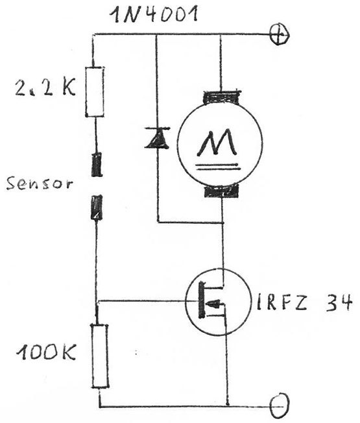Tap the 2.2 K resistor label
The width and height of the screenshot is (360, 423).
pyautogui.click(x=45, y=87)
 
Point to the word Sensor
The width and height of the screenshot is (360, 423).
pyautogui.click(x=40, y=184)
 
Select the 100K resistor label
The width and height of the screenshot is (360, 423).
pyautogui.click(x=46, y=352)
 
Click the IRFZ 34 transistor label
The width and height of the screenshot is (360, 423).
pyautogui.click(x=304, y=302)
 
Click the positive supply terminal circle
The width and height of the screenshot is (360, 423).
pyautogui.click(x=280, y=35)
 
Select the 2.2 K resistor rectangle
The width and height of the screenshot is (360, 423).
pyautogui.click(x=95, y=92)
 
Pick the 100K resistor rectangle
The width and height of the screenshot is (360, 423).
pyautogui.click(x=100, y=356)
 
